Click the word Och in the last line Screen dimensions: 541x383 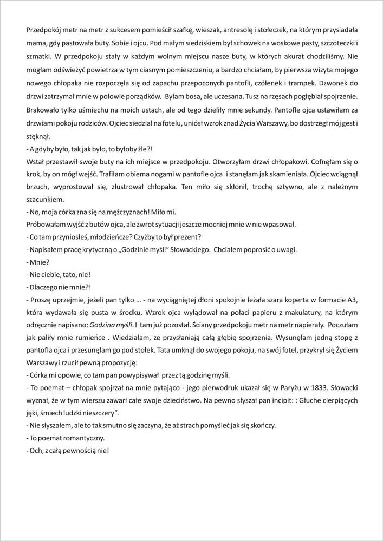tap(36, 450)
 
